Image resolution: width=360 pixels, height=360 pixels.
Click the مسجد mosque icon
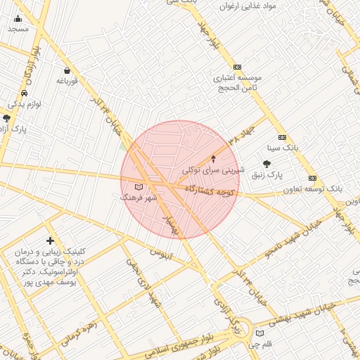(18, 18)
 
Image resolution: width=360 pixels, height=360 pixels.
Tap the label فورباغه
(66, 82)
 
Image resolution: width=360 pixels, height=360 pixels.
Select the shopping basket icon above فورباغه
(67, 70)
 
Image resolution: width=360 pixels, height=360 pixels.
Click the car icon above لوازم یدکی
(25, 93)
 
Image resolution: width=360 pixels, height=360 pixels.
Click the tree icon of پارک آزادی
(6, 118)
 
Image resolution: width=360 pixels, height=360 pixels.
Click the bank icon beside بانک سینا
(283, 138)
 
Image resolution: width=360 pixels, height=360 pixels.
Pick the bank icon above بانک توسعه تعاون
(313, 178)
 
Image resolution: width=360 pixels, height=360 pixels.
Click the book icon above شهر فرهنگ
(138, 187)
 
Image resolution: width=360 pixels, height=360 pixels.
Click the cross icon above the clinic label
(49, 241)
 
